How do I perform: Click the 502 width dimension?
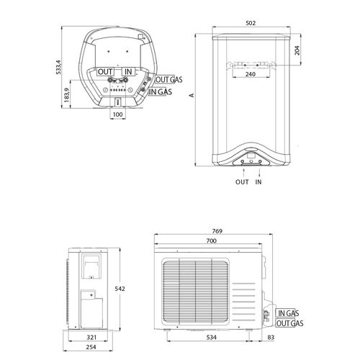click(x=251, y=23)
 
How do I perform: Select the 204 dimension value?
click(x=297, y=50)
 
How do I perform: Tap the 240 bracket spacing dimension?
click(x=251, y=74)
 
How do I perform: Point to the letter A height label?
click(x=192, y=95)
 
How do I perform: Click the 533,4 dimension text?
click(x=58, y=67)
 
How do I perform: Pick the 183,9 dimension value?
click(x=67, y=95)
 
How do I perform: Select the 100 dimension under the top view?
click(x=117, y=114)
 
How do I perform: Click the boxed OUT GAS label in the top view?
click(x=169, y=79)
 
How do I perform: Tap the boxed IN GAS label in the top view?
click(x=160, y=91)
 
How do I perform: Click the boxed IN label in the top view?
click(x=128, y=71)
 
